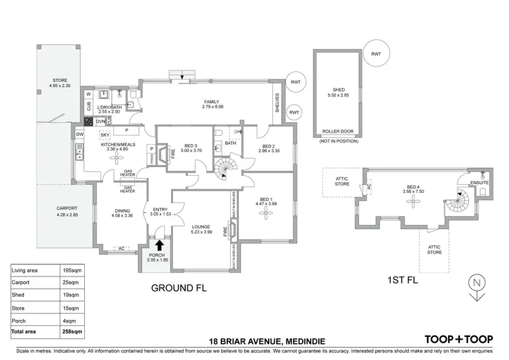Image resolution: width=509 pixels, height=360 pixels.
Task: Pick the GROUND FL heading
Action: pyautogui.click(x=178, y=287)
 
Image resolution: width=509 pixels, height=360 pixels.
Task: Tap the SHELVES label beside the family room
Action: pyautogui.click(x=276, y=104)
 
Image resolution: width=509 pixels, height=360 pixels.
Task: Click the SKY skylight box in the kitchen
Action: pyautogui.click(x=105, y=135)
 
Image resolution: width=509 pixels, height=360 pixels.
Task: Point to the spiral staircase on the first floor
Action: pyautogui.click(x=458, y=202)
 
